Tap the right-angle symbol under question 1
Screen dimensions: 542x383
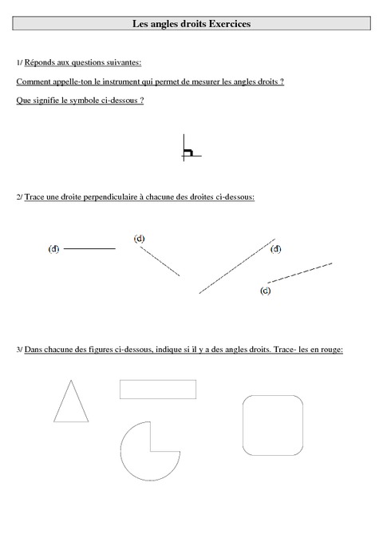[190, 149]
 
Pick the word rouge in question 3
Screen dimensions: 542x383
[330, 349]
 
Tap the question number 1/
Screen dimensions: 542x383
[19, 62]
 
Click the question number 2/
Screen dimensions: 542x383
[19, 196]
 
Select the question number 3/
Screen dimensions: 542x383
[19, 349]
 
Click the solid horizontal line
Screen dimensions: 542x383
[89, 249]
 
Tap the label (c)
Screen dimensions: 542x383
[265, 291]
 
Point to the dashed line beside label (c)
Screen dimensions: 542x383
[299, 271]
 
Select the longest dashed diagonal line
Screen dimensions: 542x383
[237, 266]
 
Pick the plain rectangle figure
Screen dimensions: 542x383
[157, 389]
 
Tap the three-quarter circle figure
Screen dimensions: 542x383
[144, 453]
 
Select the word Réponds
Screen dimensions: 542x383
[42, 62]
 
